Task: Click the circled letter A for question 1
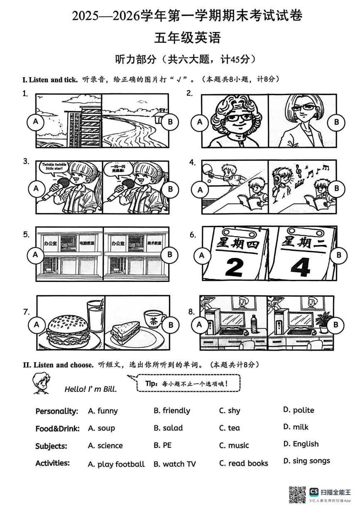pyautogui.click(x=36, y=122)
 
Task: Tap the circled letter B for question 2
pyautogui.click(x=336, y=122)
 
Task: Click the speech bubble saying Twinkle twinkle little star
pyautogui.click(x=54, y=168)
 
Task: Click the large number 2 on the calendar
pyautogui.click(x=234, y=267)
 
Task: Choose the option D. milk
pyautogui.click(x=296, y=427)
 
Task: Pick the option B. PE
pyautogui.click(x=163, y=445)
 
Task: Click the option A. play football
pyautogui.click(x=116, y=464)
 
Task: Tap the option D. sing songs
pyautogui.click(x=307, y=461)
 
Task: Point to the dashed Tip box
pyautogui.click(x=189, y=383)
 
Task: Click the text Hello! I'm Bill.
pyautogui.click(x=91, y=389)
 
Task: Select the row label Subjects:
pyautogui.click(x=51, y=446)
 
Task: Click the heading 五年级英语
pyautogui.click(x=187, y=37)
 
